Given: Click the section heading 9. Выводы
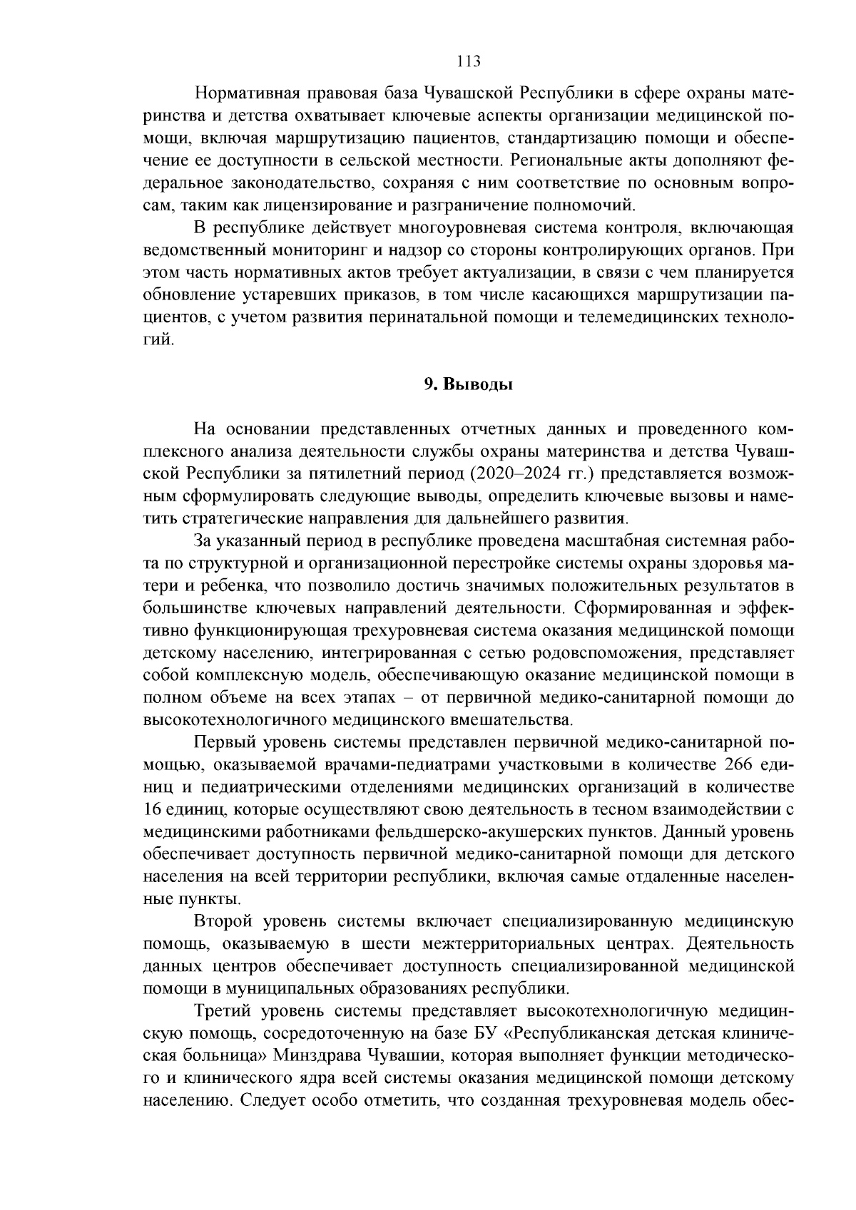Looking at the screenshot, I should coord(468,385).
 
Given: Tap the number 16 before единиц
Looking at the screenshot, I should coord(154,809).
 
